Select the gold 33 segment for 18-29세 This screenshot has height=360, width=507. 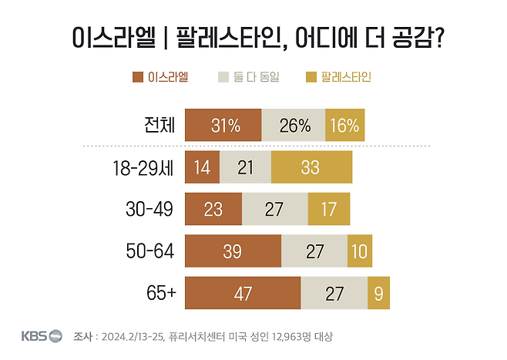(311, 167)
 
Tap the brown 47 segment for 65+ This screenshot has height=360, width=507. (243, 294)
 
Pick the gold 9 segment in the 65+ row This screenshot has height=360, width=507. (378, 294)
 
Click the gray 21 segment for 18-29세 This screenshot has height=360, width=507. (245, 167)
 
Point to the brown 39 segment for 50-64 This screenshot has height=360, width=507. (233, 251)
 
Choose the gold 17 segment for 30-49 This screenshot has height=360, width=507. (328, 209)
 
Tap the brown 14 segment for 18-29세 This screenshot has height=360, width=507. (202, 167)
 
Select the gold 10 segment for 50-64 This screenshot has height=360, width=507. (360, 251)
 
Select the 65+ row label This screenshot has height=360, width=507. (160, 294)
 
